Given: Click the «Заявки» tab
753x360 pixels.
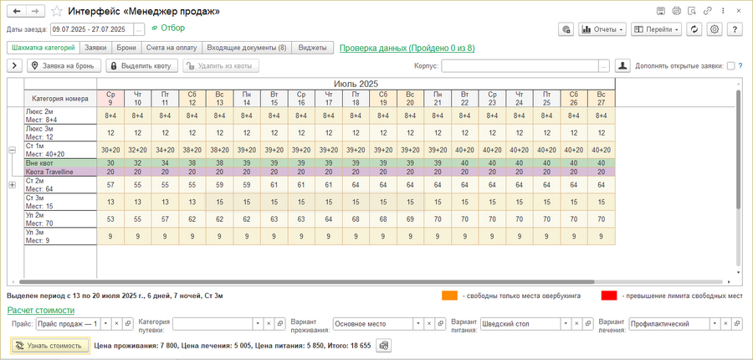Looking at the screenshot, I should pos(96,49).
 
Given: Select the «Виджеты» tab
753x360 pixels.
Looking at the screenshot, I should pos(313,49).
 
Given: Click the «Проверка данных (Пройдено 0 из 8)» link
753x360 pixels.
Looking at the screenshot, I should pos(407,49).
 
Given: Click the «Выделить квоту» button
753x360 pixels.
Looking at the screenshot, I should pos(140,65).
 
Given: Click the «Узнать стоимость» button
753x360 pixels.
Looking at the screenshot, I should pos(50,345).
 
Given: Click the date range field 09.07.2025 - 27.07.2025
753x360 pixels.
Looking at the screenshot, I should pos(90,28).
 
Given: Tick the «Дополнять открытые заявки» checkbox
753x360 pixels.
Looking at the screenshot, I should pos(730,65).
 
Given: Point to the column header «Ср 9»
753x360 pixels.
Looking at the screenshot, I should pos(110,98).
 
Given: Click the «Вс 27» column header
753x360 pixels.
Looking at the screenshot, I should pos(601,98).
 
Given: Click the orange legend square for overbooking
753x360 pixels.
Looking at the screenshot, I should pos(449,295).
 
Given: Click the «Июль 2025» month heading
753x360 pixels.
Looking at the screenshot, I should pos(355,85).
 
